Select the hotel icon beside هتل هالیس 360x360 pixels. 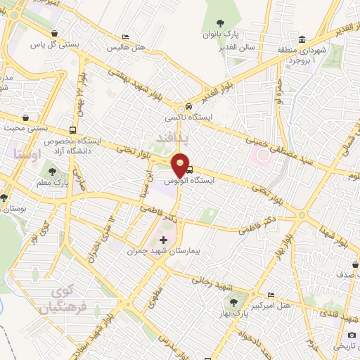126,37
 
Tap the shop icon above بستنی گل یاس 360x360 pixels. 56,33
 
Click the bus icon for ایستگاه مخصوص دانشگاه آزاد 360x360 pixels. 73,130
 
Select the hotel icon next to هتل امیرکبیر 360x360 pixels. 271,295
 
